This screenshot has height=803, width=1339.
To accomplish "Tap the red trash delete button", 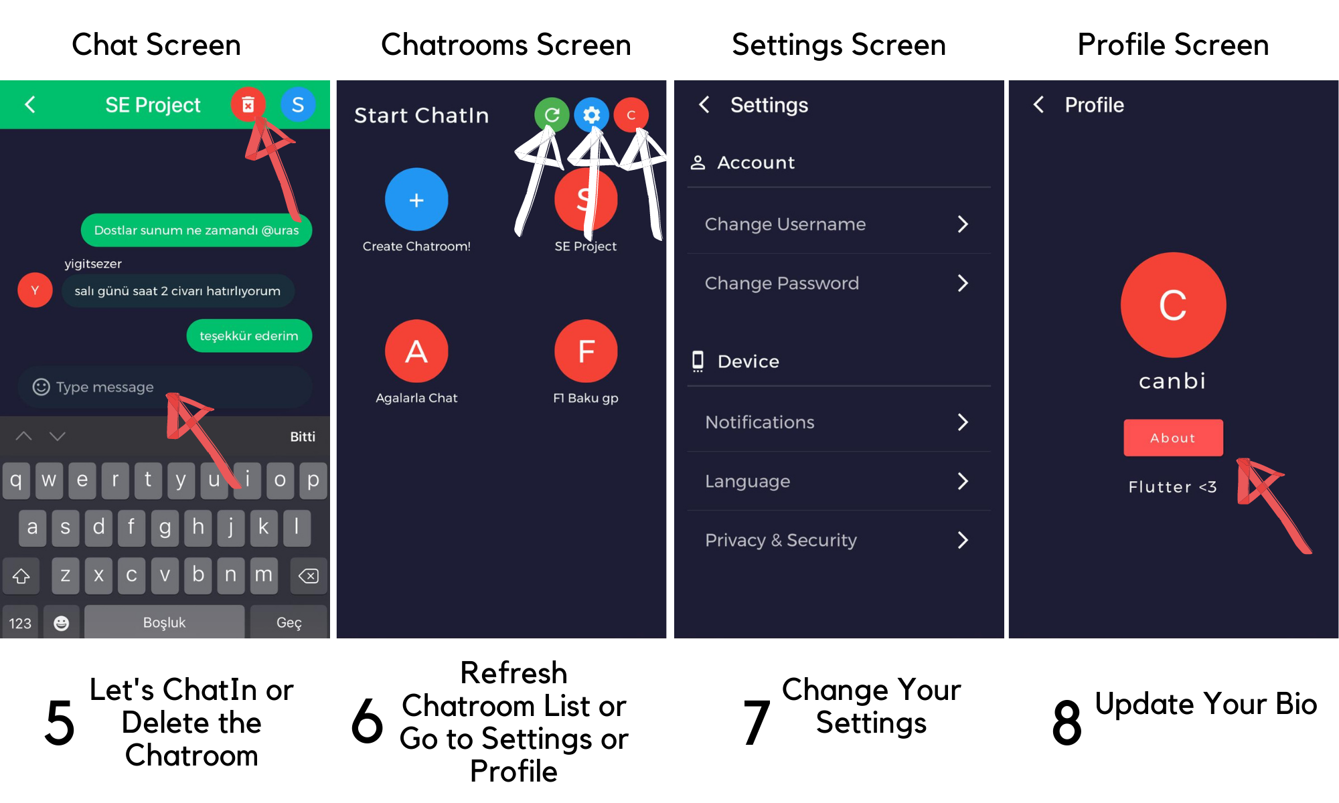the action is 248,104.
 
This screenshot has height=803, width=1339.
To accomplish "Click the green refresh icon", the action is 552,115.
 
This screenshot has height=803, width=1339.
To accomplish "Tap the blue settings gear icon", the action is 592,115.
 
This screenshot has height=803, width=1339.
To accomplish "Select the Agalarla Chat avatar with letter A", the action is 416,351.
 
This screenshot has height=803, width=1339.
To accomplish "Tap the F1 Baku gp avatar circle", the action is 586,351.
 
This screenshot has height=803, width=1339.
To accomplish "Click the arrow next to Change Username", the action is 963,224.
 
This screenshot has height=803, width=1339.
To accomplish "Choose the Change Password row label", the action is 781,283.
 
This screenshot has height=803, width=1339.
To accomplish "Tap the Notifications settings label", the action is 760,422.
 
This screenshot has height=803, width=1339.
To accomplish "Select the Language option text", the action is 747,481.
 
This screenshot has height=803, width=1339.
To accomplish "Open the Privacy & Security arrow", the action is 963,540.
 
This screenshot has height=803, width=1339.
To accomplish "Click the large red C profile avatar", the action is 1173,305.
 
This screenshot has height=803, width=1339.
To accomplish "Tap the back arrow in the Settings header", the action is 704,104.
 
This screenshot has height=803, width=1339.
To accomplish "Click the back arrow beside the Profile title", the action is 1038,104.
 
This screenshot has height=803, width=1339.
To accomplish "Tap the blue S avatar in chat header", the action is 298,104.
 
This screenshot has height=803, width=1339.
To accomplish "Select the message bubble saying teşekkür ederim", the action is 249,336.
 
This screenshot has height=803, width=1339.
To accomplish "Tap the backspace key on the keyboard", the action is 309,575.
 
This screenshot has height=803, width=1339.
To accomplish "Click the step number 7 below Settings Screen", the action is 757,723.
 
